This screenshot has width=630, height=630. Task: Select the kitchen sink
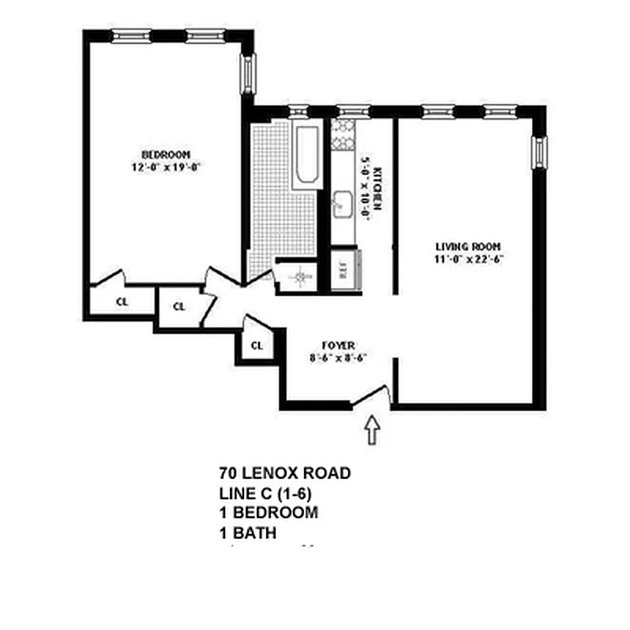[342, 204]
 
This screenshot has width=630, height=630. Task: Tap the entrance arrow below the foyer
[372, 432]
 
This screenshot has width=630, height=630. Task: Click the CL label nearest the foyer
[257, 345]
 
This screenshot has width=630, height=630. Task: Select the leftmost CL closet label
[122, 301]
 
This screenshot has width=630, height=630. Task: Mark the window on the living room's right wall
[540, 151]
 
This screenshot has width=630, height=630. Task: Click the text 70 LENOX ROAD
[285, 473]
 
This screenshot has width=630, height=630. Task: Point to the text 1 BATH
[248, 533]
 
